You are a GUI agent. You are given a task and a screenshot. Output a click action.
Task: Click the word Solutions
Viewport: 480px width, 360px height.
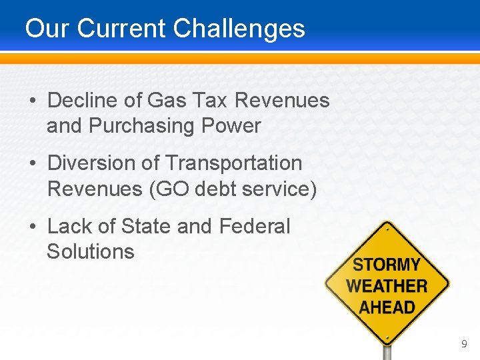tap(91, 251)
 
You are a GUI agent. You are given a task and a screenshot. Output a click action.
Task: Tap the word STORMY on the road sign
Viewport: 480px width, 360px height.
tap(387, 265)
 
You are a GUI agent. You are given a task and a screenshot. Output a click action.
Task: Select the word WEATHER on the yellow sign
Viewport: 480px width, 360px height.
tap(387, 286)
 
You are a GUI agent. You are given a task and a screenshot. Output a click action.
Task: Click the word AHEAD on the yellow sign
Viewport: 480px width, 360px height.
tap(387, 307)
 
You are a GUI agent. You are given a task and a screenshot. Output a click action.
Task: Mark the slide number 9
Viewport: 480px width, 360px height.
tap(464, 344)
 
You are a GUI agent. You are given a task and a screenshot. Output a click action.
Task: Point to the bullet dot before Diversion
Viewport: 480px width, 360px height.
tap(33, 164)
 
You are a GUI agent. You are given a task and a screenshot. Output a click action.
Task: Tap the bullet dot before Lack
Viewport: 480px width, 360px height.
tap(33, 227)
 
